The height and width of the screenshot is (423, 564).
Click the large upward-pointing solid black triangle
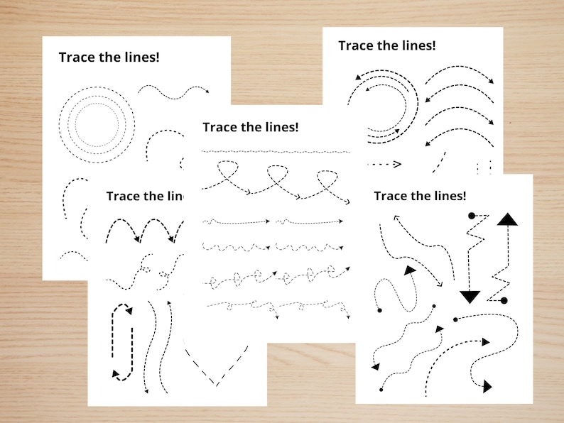(507, 219)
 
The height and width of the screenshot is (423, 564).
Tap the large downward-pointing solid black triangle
(470, 296)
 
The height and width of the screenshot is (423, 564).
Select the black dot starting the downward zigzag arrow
(471, 214)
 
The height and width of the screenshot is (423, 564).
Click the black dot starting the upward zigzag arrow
(504, 301)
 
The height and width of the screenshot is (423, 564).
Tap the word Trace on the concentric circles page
(76, 57)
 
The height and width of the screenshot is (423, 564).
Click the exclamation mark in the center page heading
(297, 127)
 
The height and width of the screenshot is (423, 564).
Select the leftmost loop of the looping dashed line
(227, 172)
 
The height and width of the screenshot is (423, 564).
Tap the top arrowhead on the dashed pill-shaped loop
(129, 309)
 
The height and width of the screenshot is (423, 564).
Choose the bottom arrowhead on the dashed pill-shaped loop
(114, 373)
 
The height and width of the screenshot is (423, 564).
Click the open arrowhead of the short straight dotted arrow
(397, 165)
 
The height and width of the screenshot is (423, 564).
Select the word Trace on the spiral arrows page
(355, 45)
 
